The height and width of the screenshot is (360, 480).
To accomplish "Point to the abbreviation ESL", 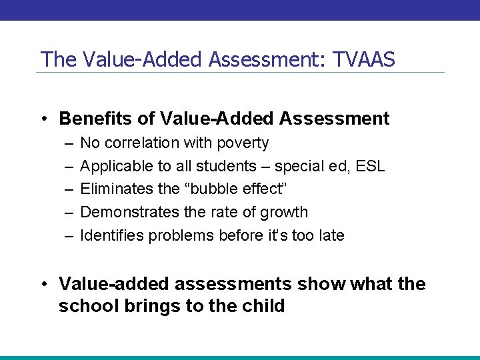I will (371, 166).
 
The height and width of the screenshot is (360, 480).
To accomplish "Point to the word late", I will (331, 235).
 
